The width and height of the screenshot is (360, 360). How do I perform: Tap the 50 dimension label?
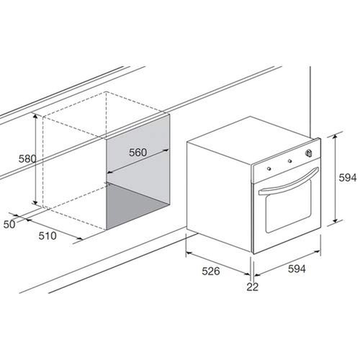(9, 225)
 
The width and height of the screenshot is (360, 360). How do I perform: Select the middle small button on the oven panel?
(289, 159)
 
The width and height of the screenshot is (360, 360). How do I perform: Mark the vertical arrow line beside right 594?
(336, 180)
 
